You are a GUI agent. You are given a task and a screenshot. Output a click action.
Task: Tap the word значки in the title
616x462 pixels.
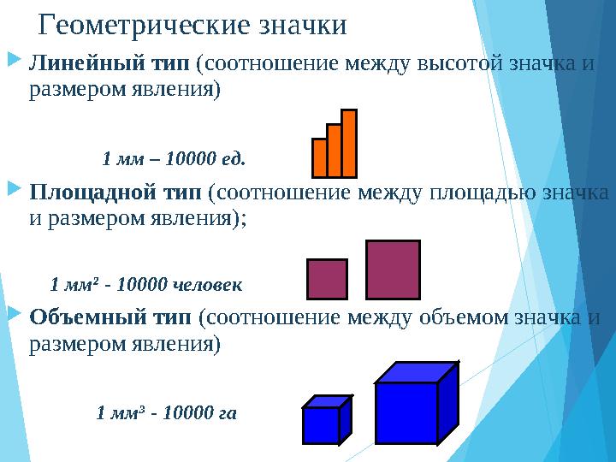tap(302, 26)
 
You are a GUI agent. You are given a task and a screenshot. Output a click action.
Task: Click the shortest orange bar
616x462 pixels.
tap(320, 157)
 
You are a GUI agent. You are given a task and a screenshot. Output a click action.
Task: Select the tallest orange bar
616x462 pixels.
tap(349, 143)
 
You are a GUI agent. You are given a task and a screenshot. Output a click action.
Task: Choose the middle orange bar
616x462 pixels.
tap(335, 151)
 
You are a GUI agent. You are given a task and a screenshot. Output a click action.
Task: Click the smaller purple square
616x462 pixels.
tap(327, 278)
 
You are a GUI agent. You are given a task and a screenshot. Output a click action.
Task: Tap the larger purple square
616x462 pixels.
tap(393, 269)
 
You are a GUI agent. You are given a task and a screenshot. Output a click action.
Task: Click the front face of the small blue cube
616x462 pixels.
tap(321, 425)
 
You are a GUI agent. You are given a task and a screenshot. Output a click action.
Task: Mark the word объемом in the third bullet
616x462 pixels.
tap(465, 317)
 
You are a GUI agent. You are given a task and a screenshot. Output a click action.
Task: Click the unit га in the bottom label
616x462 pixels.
tap(228, 413)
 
